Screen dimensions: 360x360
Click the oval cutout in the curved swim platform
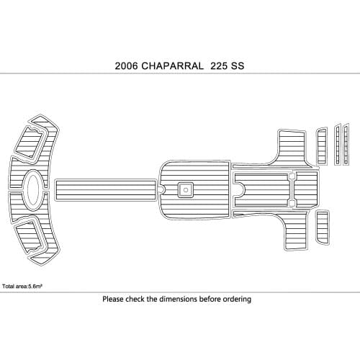point(32,189)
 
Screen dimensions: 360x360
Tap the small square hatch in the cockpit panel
point(185,190)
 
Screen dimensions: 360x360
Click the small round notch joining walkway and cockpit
point(161,189)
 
